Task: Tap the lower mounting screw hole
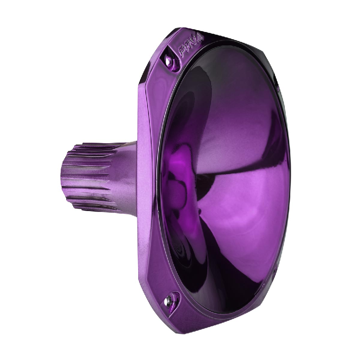point(171,297)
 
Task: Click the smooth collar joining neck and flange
point(128,175)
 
